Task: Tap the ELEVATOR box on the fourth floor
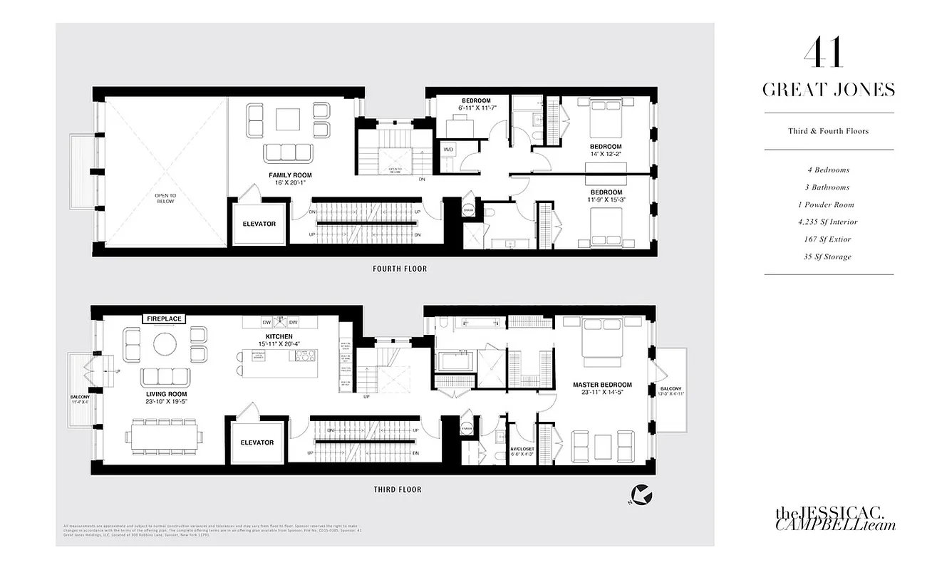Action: coord(259,224)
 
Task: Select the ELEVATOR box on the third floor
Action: coord(257,442)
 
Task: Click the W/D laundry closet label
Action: coord(448,150)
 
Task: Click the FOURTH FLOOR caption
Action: coord(399,269)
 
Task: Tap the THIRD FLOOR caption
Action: coord(398,489)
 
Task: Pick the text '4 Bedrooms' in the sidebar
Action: coord(829,170)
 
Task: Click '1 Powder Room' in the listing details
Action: coord(829,204)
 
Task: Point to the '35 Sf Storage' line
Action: coord(829,256)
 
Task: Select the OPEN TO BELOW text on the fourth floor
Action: coord(165,197)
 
